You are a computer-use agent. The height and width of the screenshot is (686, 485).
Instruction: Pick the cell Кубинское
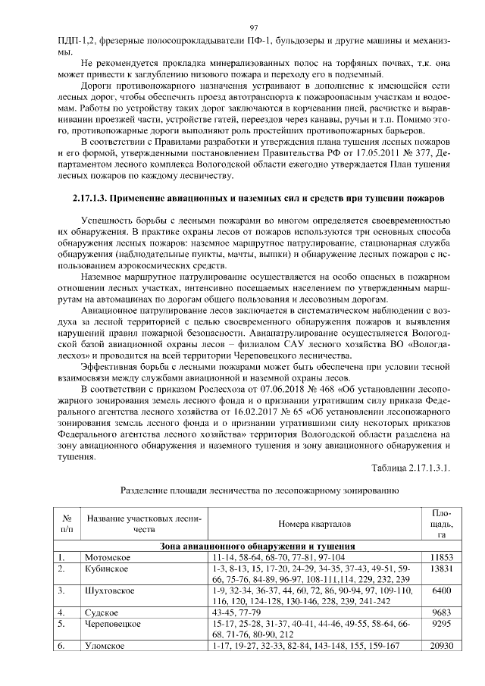(108, 568)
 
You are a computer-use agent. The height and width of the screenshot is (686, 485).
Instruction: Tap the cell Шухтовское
(111, 589)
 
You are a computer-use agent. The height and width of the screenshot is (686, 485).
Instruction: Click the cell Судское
(103, 610)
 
